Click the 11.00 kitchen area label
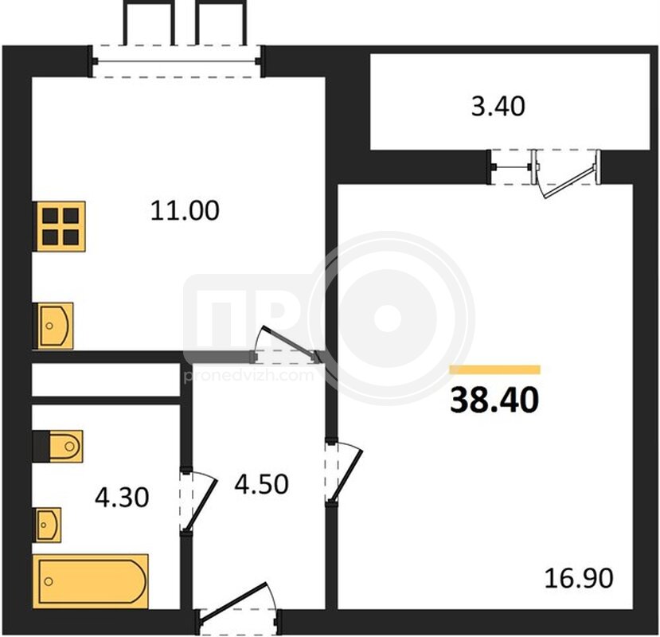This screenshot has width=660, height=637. tap(185, 210)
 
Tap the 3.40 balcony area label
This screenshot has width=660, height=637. tap(498, 106)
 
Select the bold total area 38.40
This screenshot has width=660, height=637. tap(494, 400)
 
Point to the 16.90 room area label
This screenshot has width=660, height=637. tap(579, 578)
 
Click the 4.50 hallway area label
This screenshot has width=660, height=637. tap(261, 484)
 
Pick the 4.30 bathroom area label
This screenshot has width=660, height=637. tap(122, 497)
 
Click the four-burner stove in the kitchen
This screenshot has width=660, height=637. tap(61, 226)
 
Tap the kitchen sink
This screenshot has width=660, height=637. tap(55, 326)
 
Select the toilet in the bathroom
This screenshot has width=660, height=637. tap(58, 446)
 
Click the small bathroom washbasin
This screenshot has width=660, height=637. tap(48, 525)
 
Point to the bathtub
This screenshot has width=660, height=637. tap(91, 581)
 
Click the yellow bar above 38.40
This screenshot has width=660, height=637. tap(495, 369)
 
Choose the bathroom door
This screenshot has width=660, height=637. tap(197, 502)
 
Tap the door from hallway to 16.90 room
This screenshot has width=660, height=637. tap(343, 471)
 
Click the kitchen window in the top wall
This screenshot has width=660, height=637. tap(177, 61)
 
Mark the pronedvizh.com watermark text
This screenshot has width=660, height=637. tap(249, 375)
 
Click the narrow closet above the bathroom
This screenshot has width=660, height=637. tap(106, 380)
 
